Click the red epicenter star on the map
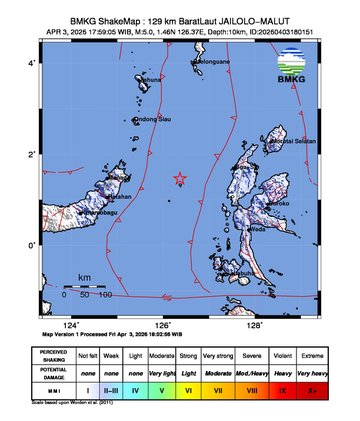180,179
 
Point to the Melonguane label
212,62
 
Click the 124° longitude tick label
70,325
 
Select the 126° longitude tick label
162,325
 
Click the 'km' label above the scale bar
85,276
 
